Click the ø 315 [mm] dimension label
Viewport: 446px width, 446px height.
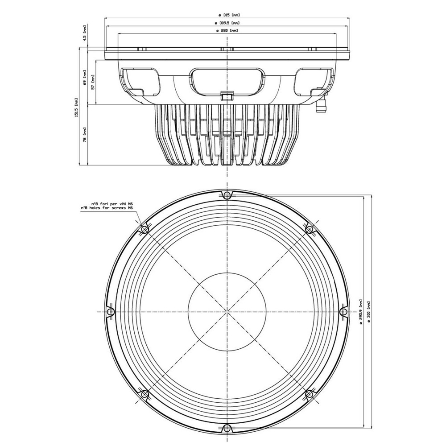coord(227,15)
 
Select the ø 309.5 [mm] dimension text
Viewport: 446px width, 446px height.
coord(227,23)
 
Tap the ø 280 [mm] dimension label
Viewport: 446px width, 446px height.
coord(227,30)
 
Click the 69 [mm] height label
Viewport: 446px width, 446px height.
coord(84,78)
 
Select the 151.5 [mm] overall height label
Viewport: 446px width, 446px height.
coord(76,107)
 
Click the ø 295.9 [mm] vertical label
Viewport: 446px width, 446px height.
coord(361,312)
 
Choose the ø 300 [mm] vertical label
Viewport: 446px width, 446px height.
coord(369,312)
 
